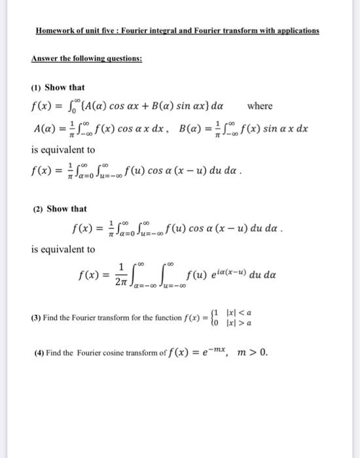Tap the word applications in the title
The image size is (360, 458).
tap(293, 31)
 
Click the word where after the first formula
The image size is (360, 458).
tap(260, 106)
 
